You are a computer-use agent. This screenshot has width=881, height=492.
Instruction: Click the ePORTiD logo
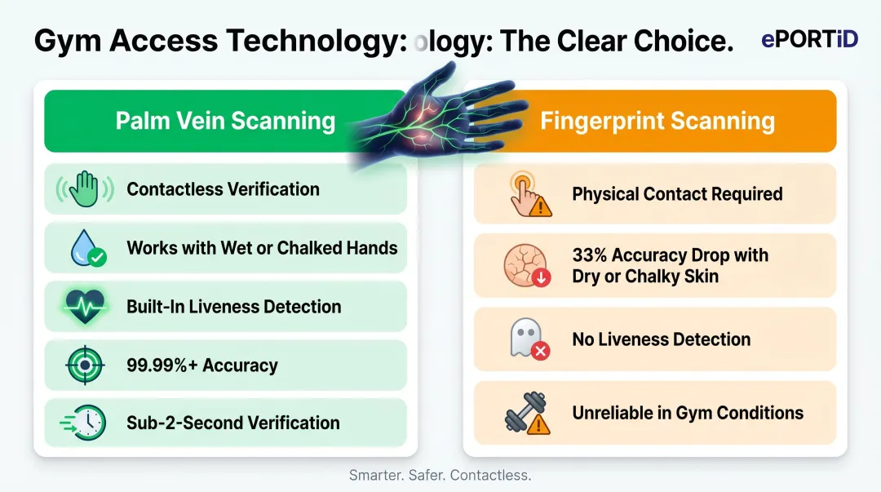(x=809, y=38)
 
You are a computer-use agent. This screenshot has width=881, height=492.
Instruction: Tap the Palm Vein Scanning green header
(x=225, y=122)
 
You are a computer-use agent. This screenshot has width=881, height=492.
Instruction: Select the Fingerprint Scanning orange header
(x=657, y=122)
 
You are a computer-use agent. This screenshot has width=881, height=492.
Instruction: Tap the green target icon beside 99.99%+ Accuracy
(x=85, y=366)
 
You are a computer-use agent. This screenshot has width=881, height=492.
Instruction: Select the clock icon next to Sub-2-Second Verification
(x=85, y=423)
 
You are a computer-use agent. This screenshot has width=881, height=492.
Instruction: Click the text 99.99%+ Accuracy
(x=201, y=366)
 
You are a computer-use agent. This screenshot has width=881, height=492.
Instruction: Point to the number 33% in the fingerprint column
(x=590, y=255)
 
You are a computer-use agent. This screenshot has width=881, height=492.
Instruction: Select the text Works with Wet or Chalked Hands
(x=262, y=248)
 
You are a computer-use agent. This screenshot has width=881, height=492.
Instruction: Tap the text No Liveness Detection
(x=661, y=339)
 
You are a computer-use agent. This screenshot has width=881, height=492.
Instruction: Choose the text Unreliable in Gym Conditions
(x=687, y=413)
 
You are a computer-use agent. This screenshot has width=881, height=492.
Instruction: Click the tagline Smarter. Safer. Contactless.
(x=440, y=474)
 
